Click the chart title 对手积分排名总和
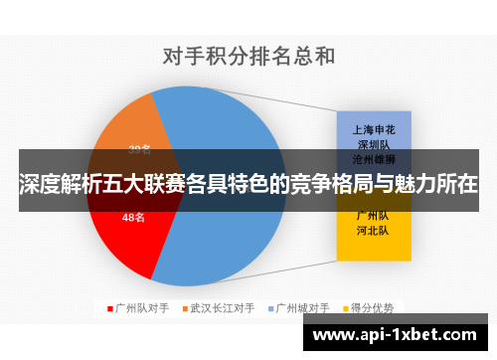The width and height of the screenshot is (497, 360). click(x=248, y=56)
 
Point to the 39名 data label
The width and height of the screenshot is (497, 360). click(x=139, y=149)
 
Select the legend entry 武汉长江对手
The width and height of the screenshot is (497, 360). click(x=223, y=306)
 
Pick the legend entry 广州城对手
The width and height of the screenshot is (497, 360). click(x=303, y=306)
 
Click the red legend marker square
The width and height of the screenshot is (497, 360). click(x=110, y=306)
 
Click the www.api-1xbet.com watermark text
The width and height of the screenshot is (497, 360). click(x=398, y=336)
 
